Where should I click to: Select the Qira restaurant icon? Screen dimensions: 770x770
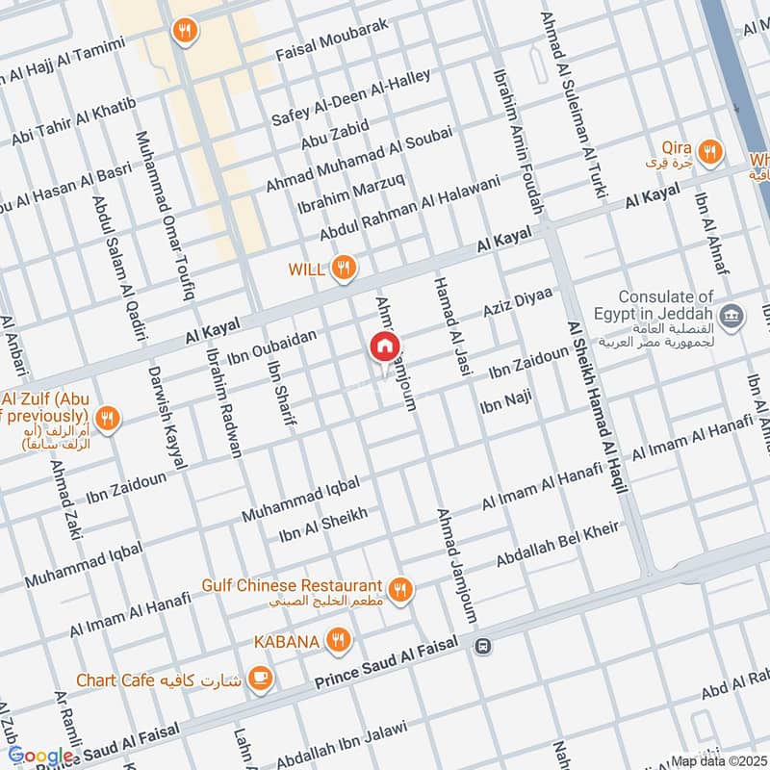[710, 151]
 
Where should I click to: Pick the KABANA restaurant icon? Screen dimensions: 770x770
[337, 639]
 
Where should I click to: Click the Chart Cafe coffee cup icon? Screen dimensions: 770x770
[259, 680]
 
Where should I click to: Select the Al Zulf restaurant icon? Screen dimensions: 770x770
[109, 419]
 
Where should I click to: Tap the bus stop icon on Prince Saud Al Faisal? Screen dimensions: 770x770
[483, 646]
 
